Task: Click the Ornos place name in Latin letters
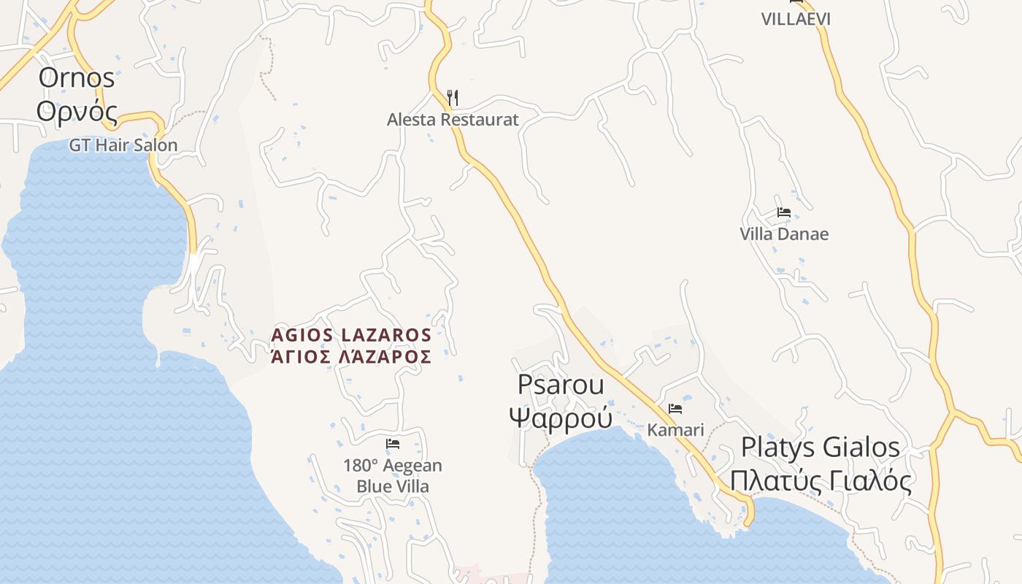77,78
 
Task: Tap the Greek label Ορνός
77,112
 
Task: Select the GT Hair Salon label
123,145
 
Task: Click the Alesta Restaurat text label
453,120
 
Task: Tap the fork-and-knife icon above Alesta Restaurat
453,97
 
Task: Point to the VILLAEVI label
796,19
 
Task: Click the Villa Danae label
784,234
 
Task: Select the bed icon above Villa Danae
784,213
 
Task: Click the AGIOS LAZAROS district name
351,335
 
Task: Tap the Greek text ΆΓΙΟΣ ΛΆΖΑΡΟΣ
351,357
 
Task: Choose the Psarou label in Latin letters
561,385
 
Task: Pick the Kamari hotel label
675,430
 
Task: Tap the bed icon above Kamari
675,409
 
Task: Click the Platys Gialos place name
821,447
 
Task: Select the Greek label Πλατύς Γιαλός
821,481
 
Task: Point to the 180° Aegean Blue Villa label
393,476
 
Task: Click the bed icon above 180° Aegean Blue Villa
393,444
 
